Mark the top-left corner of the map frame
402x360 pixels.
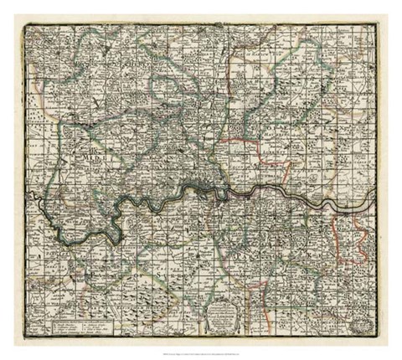(x=24, y=24)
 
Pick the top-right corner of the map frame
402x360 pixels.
(x=377, y=24)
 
